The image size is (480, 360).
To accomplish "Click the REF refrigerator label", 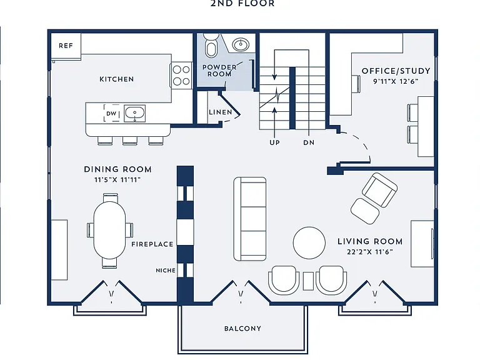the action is [66, 46].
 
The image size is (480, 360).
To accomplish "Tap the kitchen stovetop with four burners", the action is [181, 75].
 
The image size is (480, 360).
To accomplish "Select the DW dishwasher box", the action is [111, 113].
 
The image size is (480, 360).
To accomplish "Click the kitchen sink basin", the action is [134, 112].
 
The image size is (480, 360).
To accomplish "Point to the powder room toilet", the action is [211, 45].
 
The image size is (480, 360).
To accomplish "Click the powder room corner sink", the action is [241, 45].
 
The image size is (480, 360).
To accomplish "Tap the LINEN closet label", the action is [221, 112].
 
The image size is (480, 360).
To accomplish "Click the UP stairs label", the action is [274, 142].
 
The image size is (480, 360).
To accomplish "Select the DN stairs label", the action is [309, 142].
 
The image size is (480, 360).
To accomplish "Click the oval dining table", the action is [109, 230].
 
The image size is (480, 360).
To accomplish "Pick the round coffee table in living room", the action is [309, 243].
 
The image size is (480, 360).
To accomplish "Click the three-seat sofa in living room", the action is [250, 219].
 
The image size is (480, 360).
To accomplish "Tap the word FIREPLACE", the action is [152, 244].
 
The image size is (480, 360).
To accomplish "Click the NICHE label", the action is [166, 270].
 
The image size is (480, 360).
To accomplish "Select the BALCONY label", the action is [242, 329].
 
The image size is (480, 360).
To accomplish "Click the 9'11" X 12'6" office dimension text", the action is [396, 81].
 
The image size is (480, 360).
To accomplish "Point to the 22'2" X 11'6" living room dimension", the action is [370, 252].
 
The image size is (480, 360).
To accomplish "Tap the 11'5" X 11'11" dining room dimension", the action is [117, 180].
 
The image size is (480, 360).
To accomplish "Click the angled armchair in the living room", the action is [379, 190].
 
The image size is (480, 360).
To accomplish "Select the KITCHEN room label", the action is [117, 79].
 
